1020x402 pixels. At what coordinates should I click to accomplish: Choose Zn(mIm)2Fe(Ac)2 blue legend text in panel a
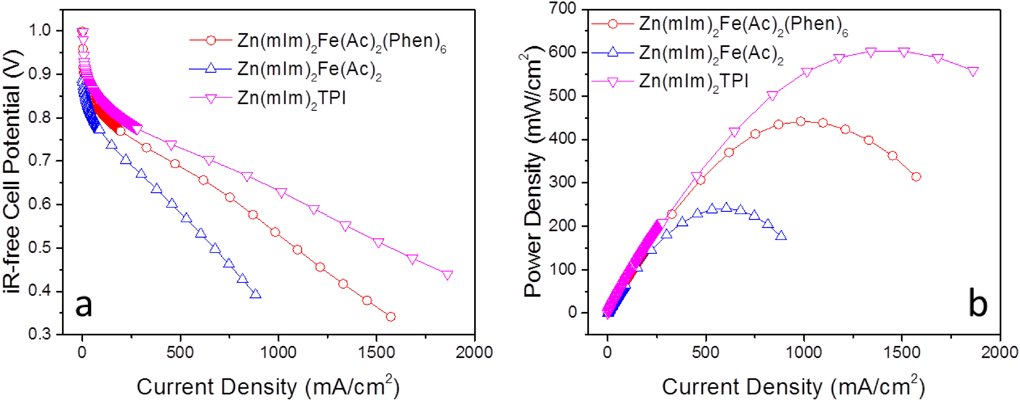point(309,70)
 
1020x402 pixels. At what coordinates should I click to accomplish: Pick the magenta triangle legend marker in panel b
point(612,82)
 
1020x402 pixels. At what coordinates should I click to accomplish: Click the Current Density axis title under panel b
point(793,386)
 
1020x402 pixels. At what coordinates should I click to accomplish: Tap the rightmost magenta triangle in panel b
point(973,71)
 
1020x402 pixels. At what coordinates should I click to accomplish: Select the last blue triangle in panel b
point(781,236)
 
